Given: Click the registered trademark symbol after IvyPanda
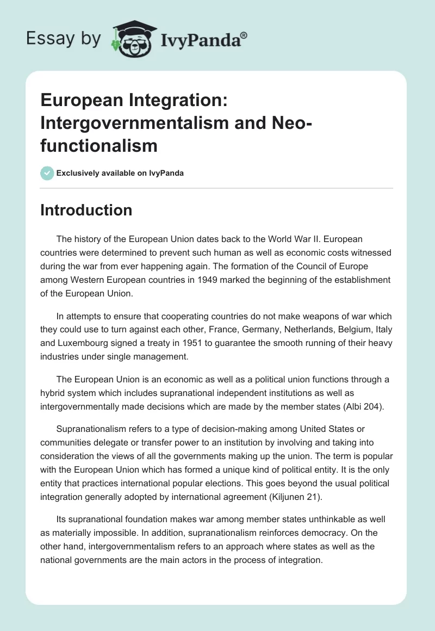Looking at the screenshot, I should click(x=244, y=35).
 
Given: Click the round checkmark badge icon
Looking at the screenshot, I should click(x=47, y=173).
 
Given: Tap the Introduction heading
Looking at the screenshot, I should click(x=86, y=211).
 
